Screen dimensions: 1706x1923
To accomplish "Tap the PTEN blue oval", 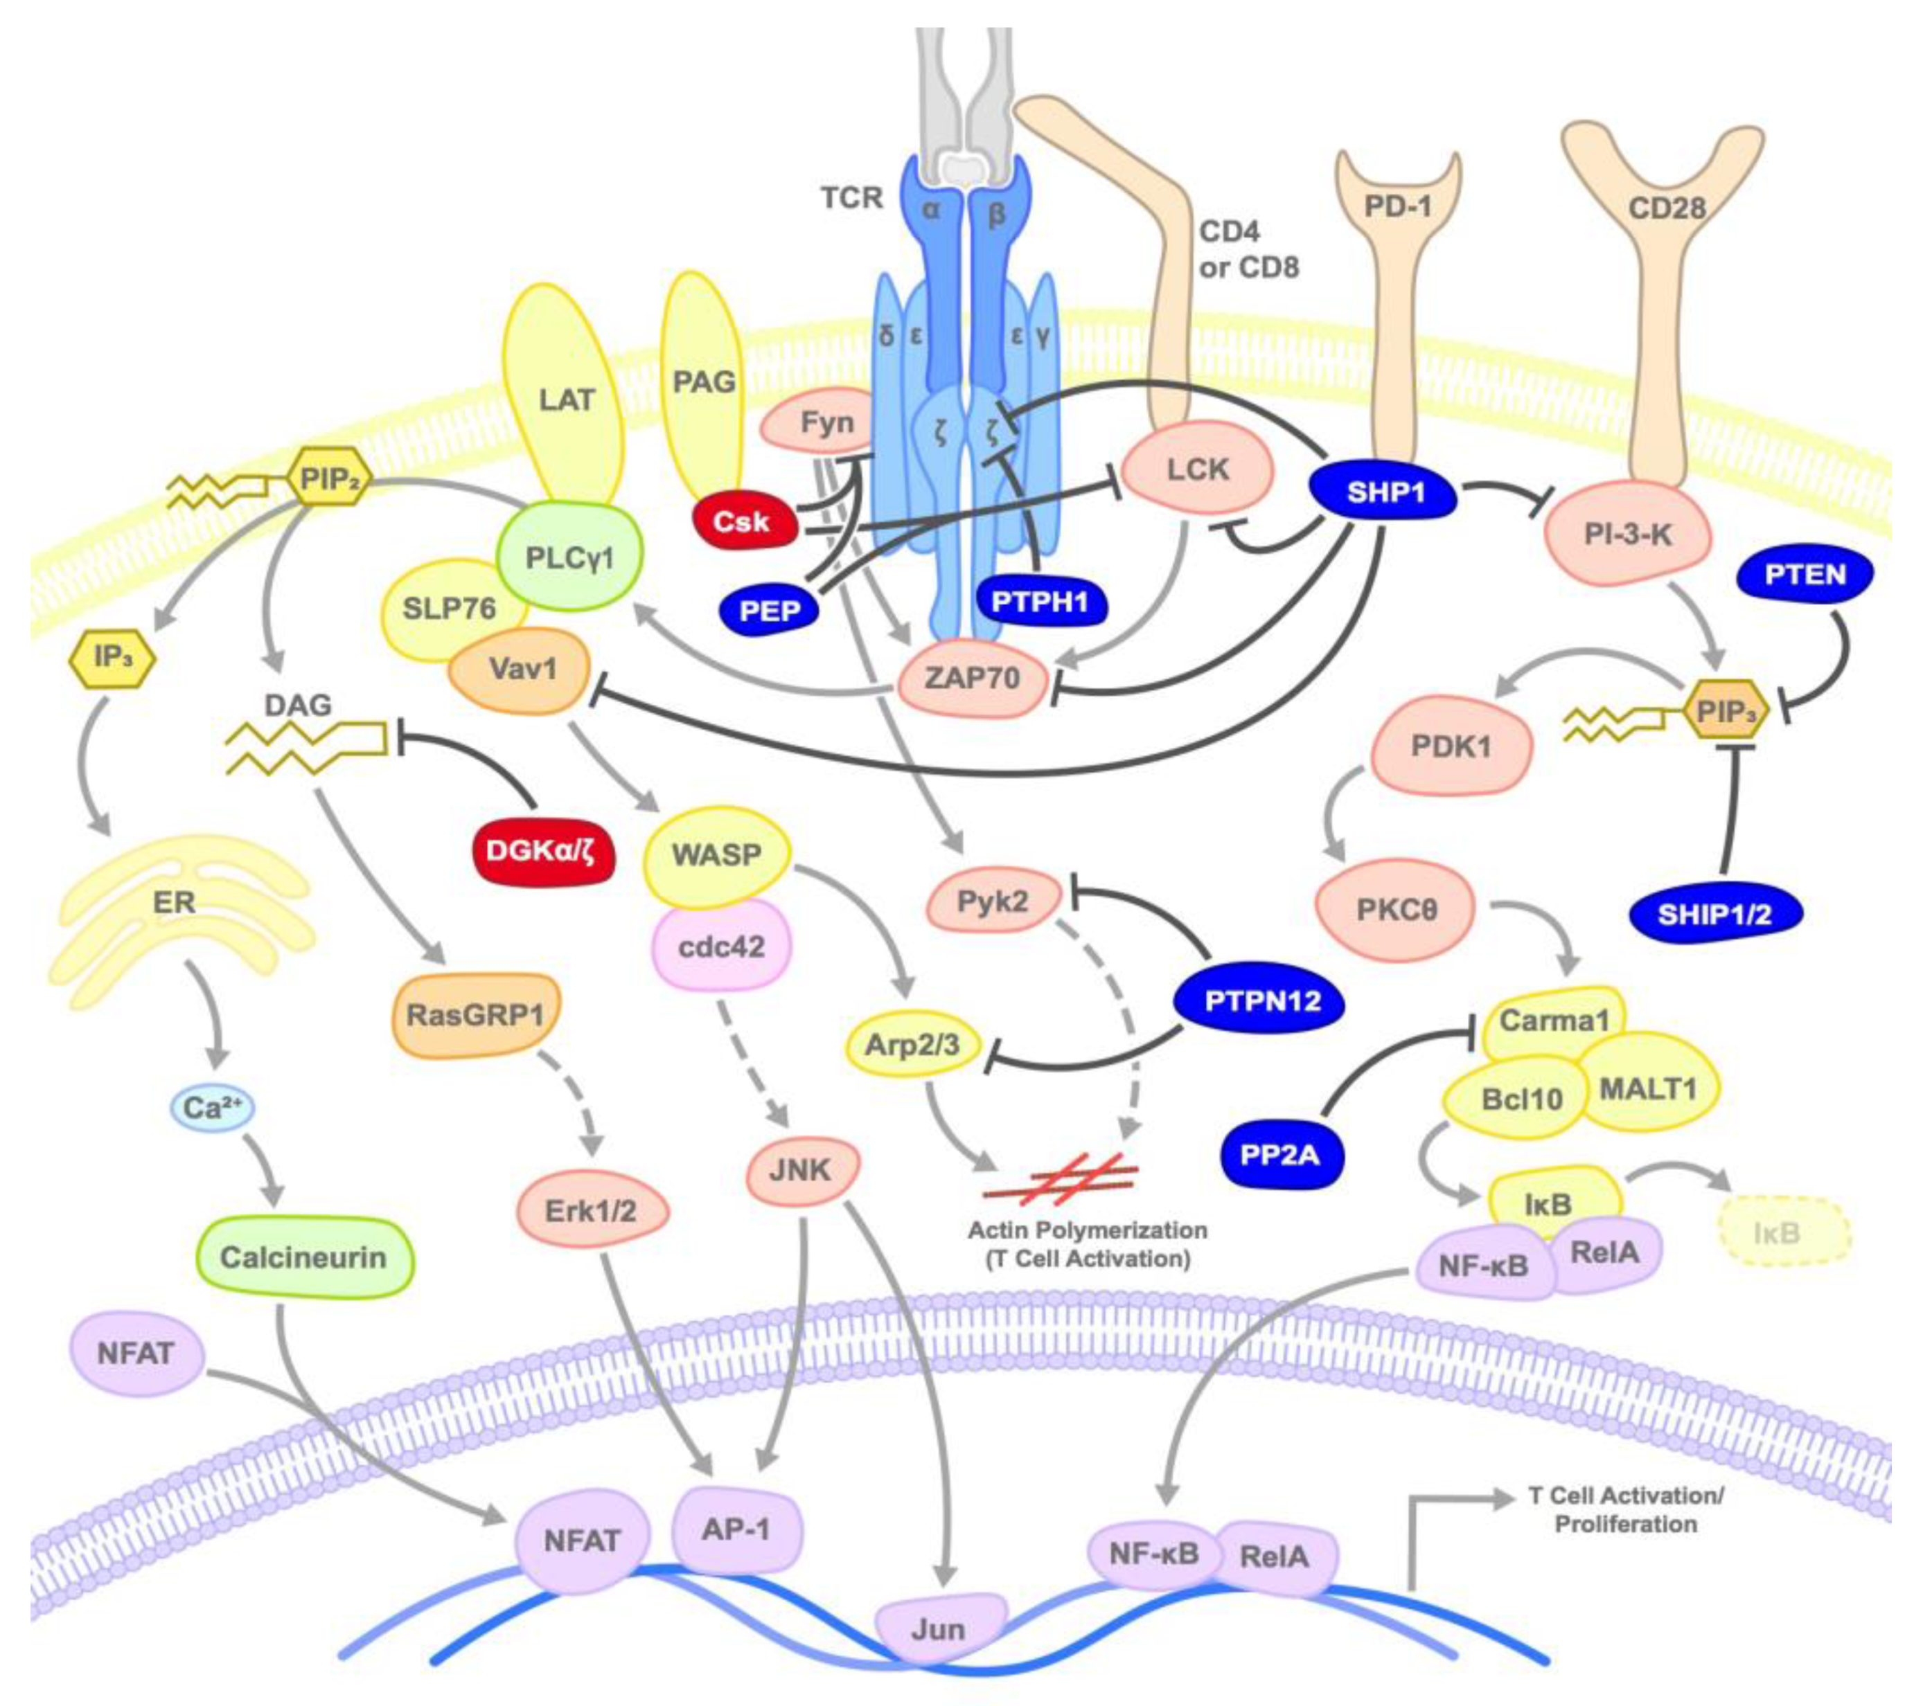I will pos(1805,575).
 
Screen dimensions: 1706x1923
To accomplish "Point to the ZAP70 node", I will pos(973,678).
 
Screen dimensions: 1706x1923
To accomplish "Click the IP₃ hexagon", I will pos(113,657).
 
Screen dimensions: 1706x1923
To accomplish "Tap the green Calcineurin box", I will pos(303,1257).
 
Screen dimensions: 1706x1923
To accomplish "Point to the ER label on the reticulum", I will pos(174,902).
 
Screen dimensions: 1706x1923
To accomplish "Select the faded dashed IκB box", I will pos(1784,1232).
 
